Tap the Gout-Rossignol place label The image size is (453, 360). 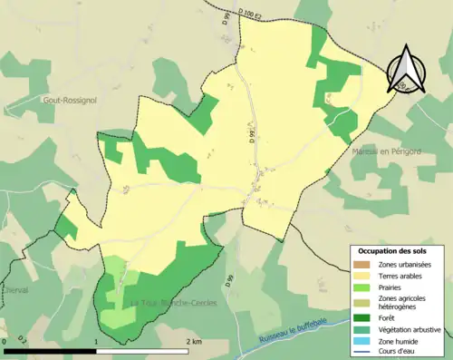click(x=72, y=102)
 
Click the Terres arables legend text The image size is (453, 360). click(x=403, y=276)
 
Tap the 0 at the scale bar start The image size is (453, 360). click(x=5, y=340)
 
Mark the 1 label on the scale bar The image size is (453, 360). click(x=96, y=340)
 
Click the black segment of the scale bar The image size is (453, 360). click(x=50, y=349)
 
